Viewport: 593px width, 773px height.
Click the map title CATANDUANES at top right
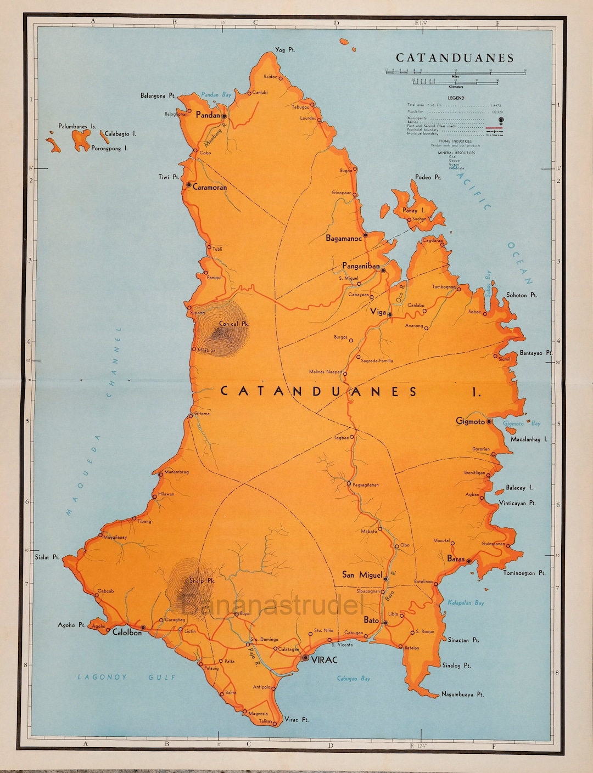pos(455,58)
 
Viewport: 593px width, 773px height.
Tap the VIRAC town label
pos(324,660)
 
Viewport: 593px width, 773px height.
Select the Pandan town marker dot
pos(224,116)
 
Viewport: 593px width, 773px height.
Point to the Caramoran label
pos(210,187)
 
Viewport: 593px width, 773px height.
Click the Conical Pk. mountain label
pos(234,324)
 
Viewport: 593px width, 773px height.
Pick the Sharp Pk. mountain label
pos(202,580)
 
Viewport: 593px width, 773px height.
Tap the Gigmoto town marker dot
pos(489,422)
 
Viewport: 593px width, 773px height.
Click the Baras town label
pos(456,559)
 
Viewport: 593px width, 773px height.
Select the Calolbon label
pos(127,633)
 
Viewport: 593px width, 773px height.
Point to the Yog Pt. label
pos(285,50)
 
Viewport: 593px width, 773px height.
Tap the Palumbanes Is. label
pos(77,126)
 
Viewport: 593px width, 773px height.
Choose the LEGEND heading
pos(456,98)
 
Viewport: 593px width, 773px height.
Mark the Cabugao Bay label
pos(354,679)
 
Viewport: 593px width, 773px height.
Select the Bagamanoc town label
pos(344,239)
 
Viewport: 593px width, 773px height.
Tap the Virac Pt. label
pos(296,719)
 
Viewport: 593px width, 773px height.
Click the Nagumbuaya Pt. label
pos(462,695)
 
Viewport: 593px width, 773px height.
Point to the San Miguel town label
pos(362,575)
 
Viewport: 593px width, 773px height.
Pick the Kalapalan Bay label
pos(466,602)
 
